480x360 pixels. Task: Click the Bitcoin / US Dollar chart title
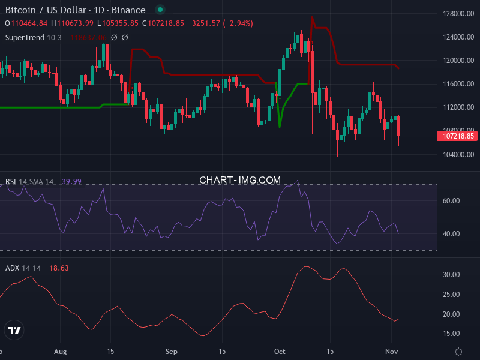point(75,10)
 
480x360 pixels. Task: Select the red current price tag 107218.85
point(460,136)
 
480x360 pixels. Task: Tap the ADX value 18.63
point(59,268)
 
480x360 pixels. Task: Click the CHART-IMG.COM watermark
point(240,180)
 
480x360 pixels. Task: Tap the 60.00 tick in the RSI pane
point(451,201)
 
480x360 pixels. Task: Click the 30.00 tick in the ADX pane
point(451,275)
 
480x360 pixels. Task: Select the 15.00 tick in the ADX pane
point(451,334)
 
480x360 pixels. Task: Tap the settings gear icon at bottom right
point(459,351)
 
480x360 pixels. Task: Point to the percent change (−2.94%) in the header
point(238,23)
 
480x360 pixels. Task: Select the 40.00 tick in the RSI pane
point(451,234)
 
